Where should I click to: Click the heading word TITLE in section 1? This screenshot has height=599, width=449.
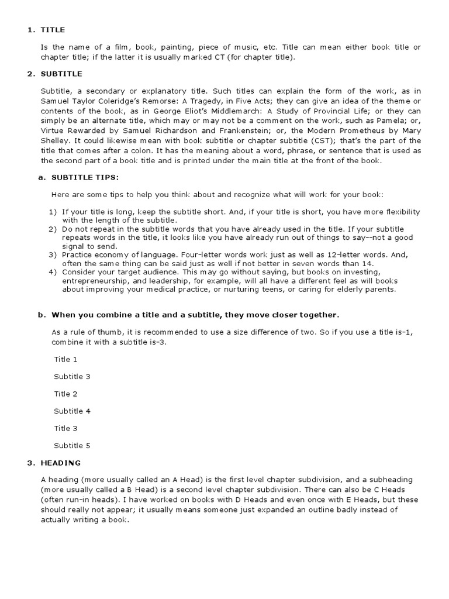click(x=53, y=29)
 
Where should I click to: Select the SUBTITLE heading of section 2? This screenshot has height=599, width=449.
click(x=61, y=74)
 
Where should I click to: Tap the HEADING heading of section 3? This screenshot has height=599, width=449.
click(x=61, y=463)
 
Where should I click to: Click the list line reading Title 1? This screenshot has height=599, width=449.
click(x=65, y=359)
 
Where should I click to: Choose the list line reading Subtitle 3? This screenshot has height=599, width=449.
click(x=72, y=376)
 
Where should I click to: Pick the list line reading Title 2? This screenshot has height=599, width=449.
click(x=65, y=394)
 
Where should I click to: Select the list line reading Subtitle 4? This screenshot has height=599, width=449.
click(x=72, y=411)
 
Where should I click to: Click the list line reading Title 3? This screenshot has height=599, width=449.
click(x=65, y=428)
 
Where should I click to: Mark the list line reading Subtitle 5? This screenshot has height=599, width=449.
click(x=72, y=445)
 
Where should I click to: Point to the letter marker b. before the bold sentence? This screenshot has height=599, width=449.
click(x=42, y=315)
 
